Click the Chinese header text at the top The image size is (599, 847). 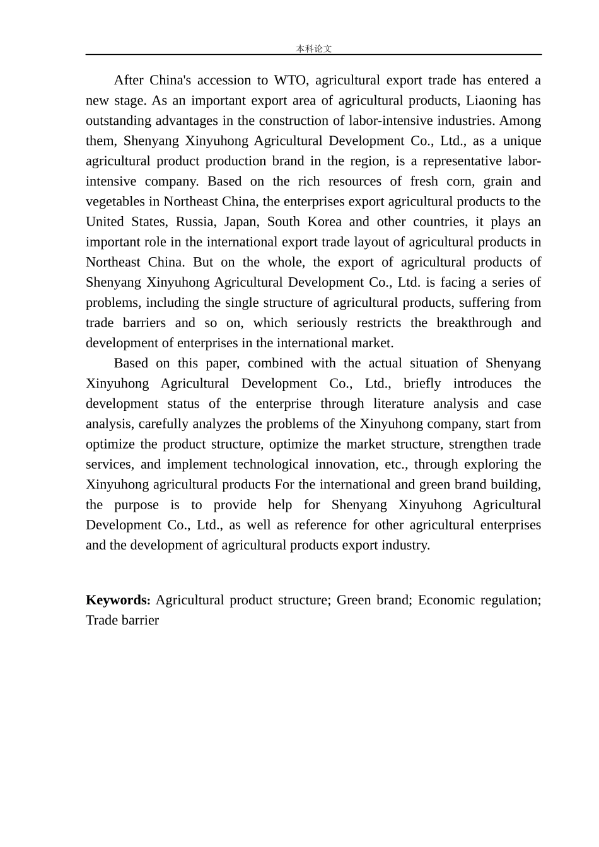(x=313, y=49)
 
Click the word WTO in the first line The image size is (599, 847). (x=291, y=80)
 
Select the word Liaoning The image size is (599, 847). (x=491, y=100)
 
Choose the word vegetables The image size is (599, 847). (x=114, y=201)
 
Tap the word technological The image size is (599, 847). (x=274, y=464)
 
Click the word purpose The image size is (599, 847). (x=136, y=504)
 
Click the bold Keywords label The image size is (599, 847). (x=118, y=600)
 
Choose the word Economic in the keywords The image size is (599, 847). (x=446, y=600)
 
